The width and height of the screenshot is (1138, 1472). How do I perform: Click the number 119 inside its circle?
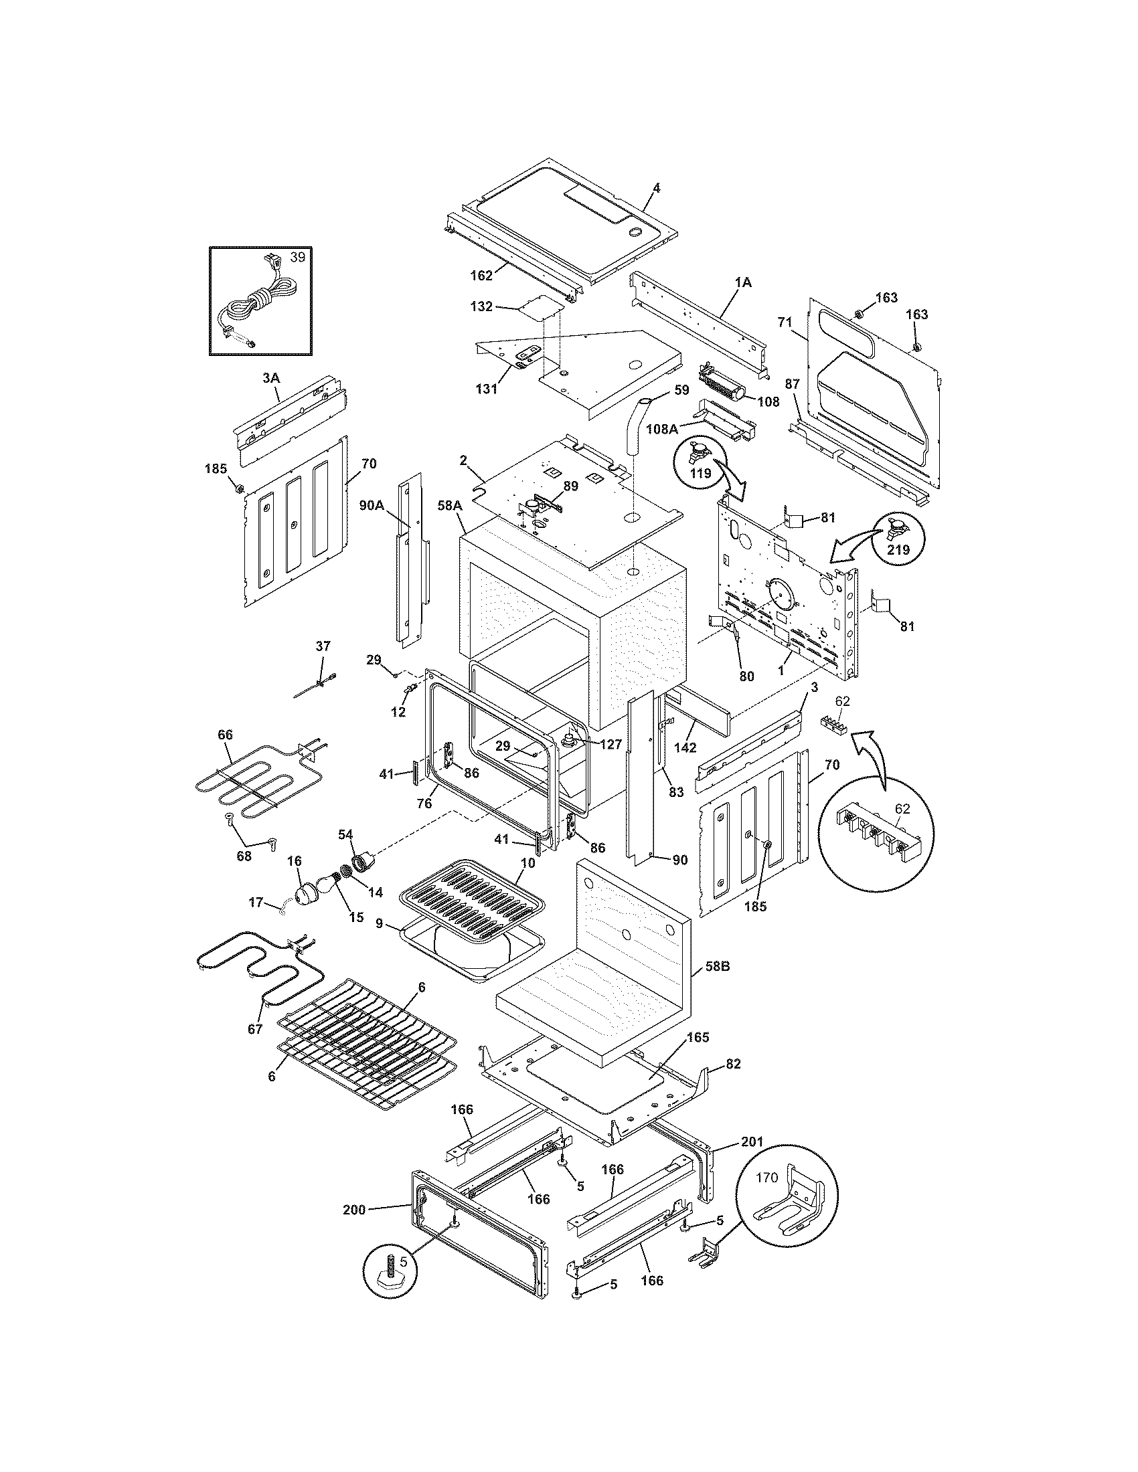[x=700, y=473]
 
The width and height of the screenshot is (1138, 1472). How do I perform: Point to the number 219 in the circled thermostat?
[x=898, y=550]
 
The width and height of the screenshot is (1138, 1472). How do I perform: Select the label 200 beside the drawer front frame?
[x=353, y=1210]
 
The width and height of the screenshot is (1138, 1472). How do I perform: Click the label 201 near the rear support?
[x=752, y=1141]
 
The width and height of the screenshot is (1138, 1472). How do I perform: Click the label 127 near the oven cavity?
[x=611, y=745]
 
